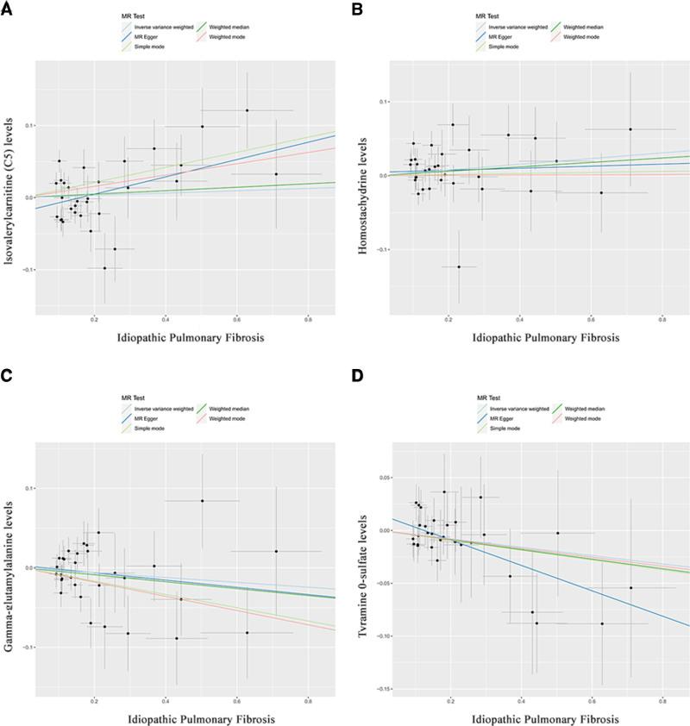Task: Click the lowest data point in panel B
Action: pyautogui.click(x=459, y=266)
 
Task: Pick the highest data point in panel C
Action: pyautogui.click(x=202, y=500)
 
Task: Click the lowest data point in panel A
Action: pyautogui.click(x=105, y=267)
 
